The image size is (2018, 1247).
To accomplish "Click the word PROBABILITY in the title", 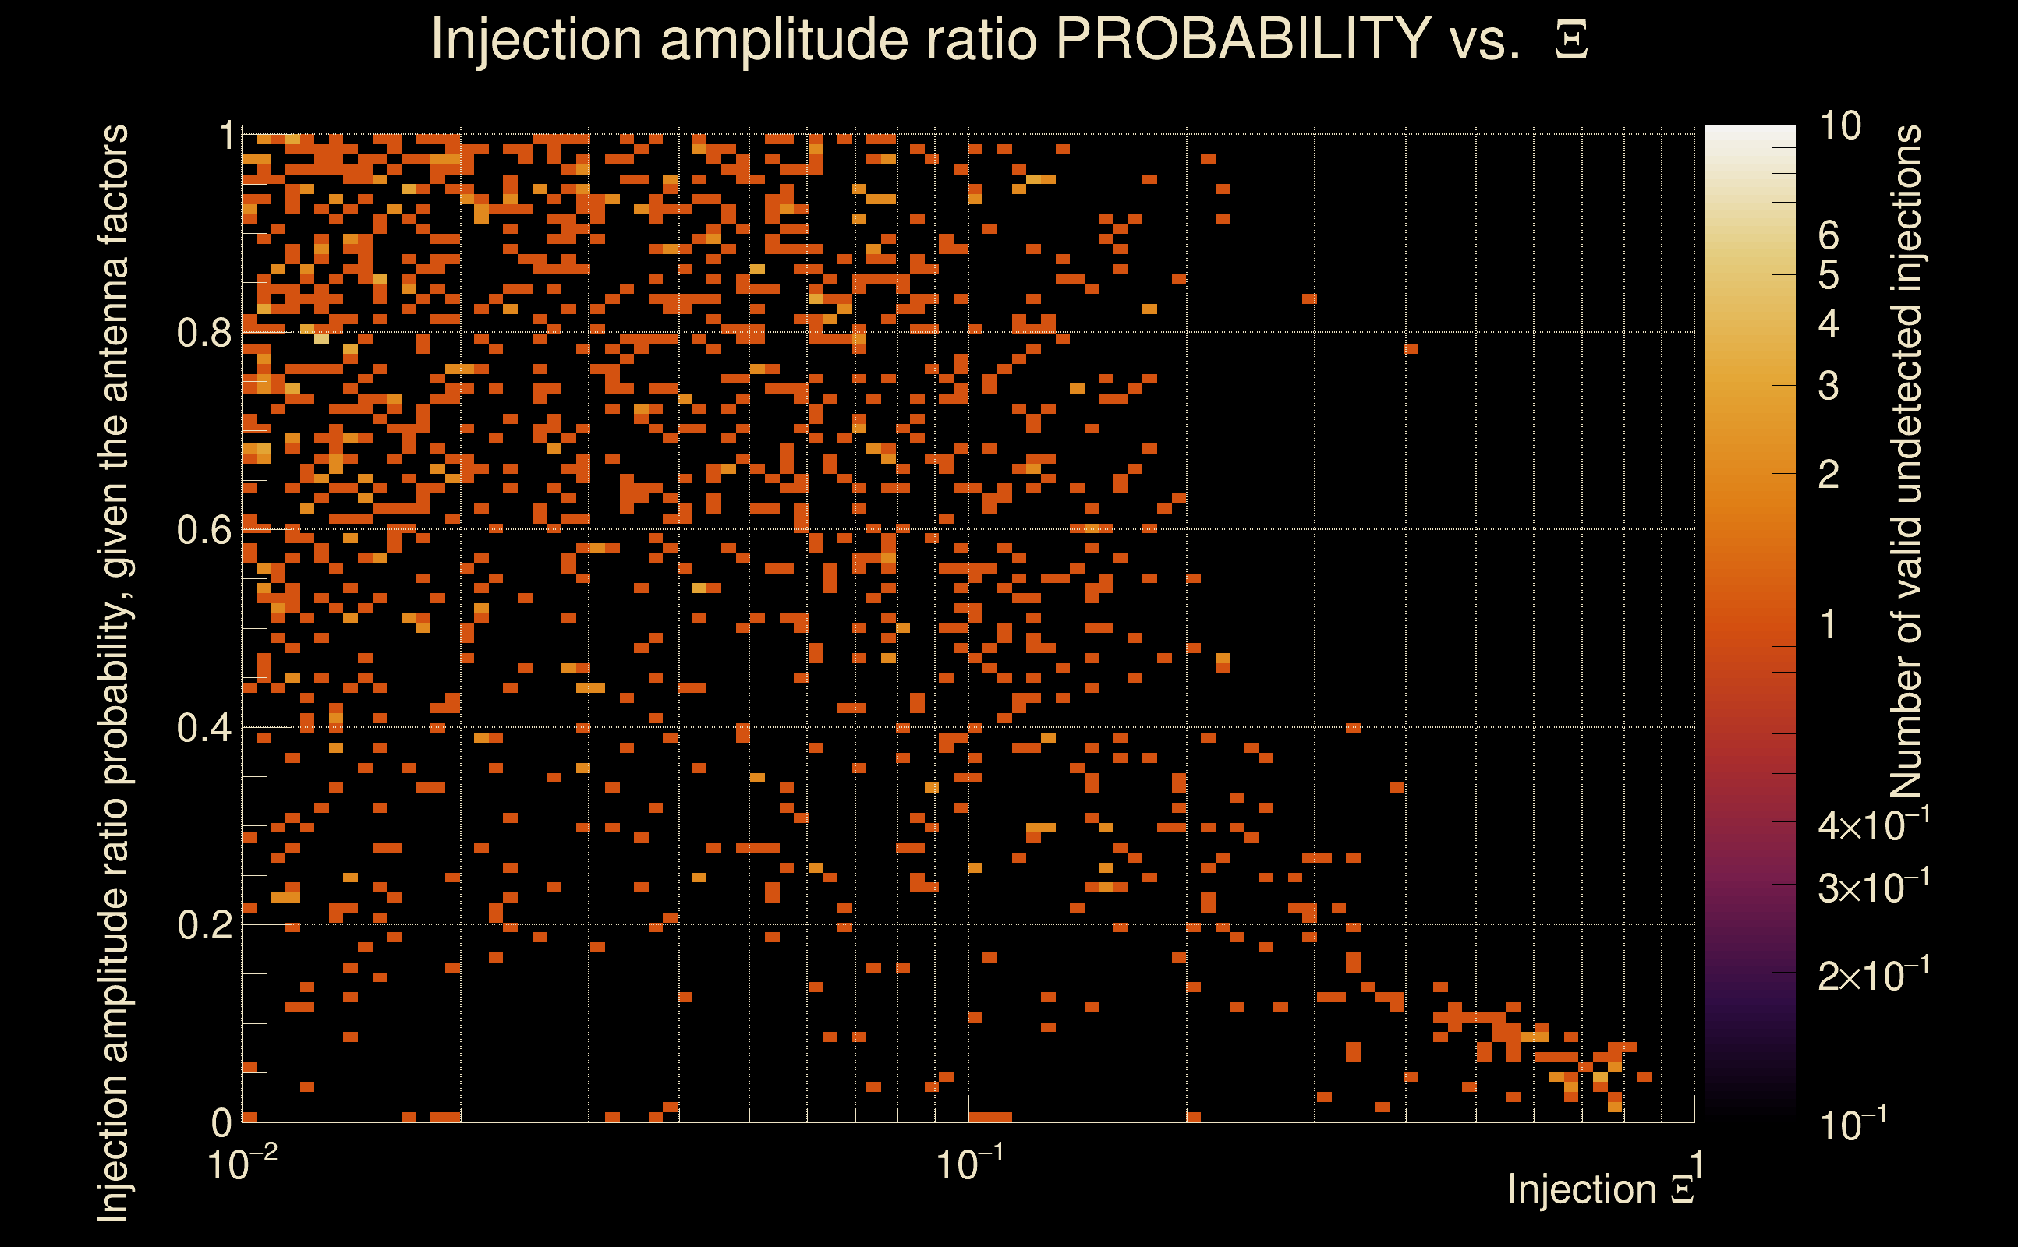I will pyautogui.click(x=1242, y=39).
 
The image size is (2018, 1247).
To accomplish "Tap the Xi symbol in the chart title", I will pyautogui.click(x=1571, y=41).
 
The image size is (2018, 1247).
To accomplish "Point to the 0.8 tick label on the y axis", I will pyautogui.click(x=204, y=334).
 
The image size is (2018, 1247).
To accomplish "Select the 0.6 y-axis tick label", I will pyautogui.click(x=204, y=530).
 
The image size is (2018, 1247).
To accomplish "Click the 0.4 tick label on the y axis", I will pyautogui.click(x=204, y=728).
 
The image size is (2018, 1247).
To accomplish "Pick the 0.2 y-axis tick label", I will pyautogui.click(x=204, y=925).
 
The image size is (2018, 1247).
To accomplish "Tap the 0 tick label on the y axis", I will pyautogui.click(x=221, y=1122).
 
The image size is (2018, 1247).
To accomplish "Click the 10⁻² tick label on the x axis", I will pyautogui.click(x=241, y=1164).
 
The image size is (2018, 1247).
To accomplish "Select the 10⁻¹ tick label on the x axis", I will pyautogui.click(x=969, y=1164).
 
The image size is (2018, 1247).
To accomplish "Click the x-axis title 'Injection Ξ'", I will pyautogui.click(x=1601, y=1189).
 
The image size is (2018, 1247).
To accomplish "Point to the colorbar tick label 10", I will pyautogui.click(x=1839, y=126).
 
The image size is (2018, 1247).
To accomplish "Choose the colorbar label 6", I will pyautogui.click(x=1829, y=236).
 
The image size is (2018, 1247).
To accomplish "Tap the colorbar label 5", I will pyautogui.click(x=1829, y=275).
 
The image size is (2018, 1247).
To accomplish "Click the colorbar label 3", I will pyautogui.click(x=1829, y=386).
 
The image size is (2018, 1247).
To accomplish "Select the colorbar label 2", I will pyautogui.click(x=1829, y=474).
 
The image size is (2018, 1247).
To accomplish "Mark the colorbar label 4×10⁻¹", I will pyautogui.click(x=1873, y=825).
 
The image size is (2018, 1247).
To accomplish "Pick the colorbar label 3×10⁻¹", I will pyautogui.click(x=1873, y=888).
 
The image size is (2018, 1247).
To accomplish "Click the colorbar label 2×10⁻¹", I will pyautogui.click(x=1873, y=976).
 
